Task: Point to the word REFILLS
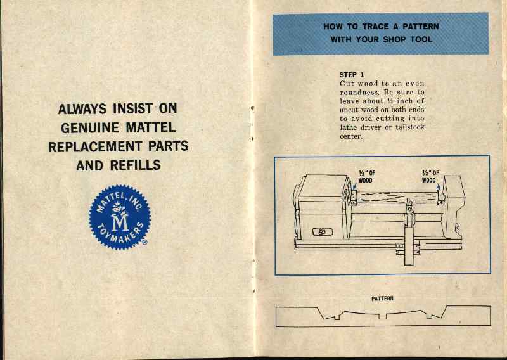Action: (135, 165)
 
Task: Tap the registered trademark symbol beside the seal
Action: (145, 242)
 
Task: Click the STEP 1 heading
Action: (352, 75)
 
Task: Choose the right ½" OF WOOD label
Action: (430, 176)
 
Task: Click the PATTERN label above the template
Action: (382, 299)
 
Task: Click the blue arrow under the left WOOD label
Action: (353, 188)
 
